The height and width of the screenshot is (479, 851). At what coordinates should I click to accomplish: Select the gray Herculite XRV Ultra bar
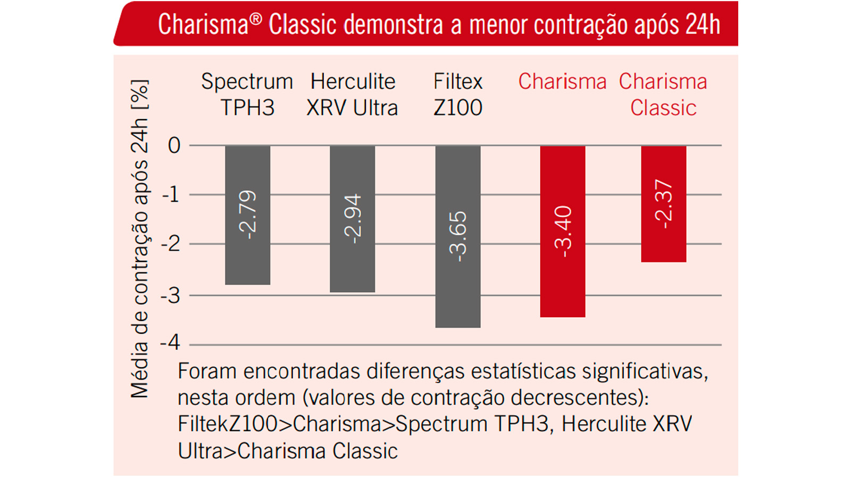tap(352, 266)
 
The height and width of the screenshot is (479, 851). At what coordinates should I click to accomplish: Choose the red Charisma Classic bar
tap(663, 245)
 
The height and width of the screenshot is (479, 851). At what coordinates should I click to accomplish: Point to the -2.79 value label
tap(248, 214)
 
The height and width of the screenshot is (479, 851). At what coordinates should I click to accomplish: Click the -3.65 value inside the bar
tap(458, 236)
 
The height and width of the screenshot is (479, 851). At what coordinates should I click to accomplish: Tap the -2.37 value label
tap(664, 204)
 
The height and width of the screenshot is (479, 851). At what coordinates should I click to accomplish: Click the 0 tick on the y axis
tap(174, 145)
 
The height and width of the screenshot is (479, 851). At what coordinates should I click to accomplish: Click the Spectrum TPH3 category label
tap(247, 95)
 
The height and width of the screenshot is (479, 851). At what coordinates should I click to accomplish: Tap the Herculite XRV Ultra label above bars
tap(352, 95)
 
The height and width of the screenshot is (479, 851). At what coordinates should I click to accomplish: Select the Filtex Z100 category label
tap(457, 95)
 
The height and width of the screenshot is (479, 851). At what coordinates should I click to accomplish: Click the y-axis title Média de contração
tap(139, 240)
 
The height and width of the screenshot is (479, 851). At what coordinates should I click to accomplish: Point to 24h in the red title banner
tap(703, 24)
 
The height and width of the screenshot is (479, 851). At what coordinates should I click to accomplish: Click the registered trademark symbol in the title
tap(256, 19)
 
